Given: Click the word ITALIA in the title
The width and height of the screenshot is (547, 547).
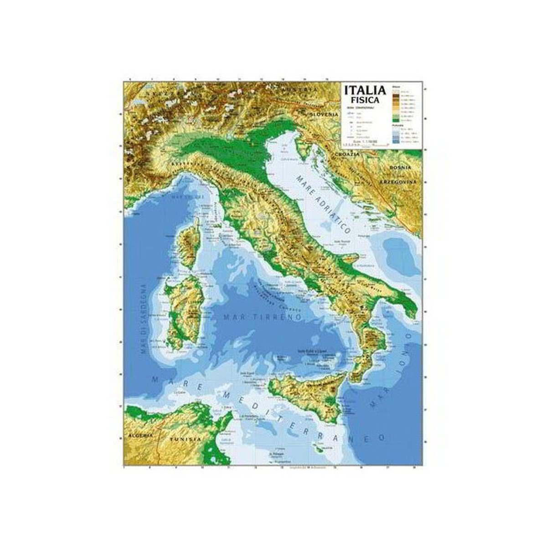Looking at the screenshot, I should [365, 90].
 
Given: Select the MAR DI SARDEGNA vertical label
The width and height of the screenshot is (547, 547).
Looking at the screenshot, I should [143, 319].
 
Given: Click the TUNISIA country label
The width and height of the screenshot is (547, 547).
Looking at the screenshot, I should [185, 439].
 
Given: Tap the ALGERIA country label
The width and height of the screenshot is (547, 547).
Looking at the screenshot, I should [140, 436].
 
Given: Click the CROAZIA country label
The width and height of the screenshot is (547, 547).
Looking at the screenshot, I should [347, 155].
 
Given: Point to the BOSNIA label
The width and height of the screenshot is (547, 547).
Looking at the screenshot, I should [400, 168].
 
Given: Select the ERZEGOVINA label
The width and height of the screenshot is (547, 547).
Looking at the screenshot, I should [399, 182].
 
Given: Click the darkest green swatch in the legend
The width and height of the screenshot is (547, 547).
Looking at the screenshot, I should [396, 121].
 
